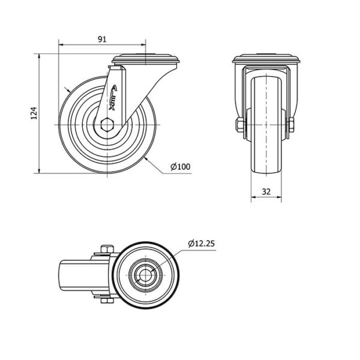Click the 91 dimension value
pos(102,40)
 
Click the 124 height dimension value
pos(34,113)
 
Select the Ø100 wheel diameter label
pos(181,167)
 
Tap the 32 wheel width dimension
pos(266,191)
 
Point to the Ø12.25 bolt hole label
pos(202,244)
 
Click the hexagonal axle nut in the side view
pos(107,125)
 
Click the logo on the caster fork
pos(113,98)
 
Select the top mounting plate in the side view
pos(146,59)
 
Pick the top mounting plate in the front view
pos(266,59)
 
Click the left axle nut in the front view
pos(240,125)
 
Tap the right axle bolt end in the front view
pos(291,125)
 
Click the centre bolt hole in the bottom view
pos(146,275)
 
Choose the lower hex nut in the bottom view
pos(107,301)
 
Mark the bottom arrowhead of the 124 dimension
pos(39,170)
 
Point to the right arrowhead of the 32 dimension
pos(279,197)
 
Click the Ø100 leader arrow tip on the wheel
pos(145,158)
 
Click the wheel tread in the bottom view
pos(146,275)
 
